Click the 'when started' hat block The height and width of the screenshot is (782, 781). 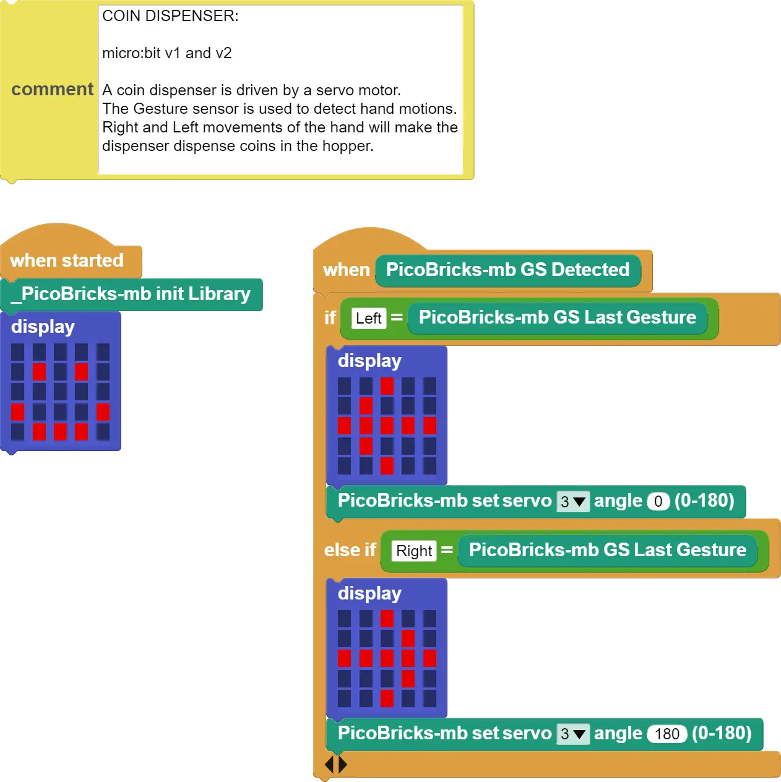67,260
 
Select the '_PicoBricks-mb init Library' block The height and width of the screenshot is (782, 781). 131,294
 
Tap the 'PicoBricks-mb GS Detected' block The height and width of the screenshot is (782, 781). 507,270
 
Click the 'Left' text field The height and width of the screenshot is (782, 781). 368,318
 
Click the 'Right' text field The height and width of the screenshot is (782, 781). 414,551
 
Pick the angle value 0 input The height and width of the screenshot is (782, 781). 658,502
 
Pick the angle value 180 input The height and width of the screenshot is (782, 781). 667,734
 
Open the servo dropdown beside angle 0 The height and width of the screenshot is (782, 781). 572,502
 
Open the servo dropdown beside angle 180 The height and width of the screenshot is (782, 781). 572,734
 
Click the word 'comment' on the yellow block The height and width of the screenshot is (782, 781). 53,89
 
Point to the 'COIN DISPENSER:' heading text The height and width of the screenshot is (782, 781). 170,16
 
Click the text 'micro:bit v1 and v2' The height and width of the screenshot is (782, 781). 167,53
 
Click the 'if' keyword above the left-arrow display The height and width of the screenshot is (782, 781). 330,318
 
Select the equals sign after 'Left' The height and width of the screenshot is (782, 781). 397,317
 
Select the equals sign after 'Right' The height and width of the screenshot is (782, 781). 447,550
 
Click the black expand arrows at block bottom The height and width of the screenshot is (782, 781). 336,765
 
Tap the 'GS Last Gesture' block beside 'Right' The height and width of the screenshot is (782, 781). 608,550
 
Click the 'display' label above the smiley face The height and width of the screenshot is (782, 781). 43,327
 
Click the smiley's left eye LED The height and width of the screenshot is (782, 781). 39,372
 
